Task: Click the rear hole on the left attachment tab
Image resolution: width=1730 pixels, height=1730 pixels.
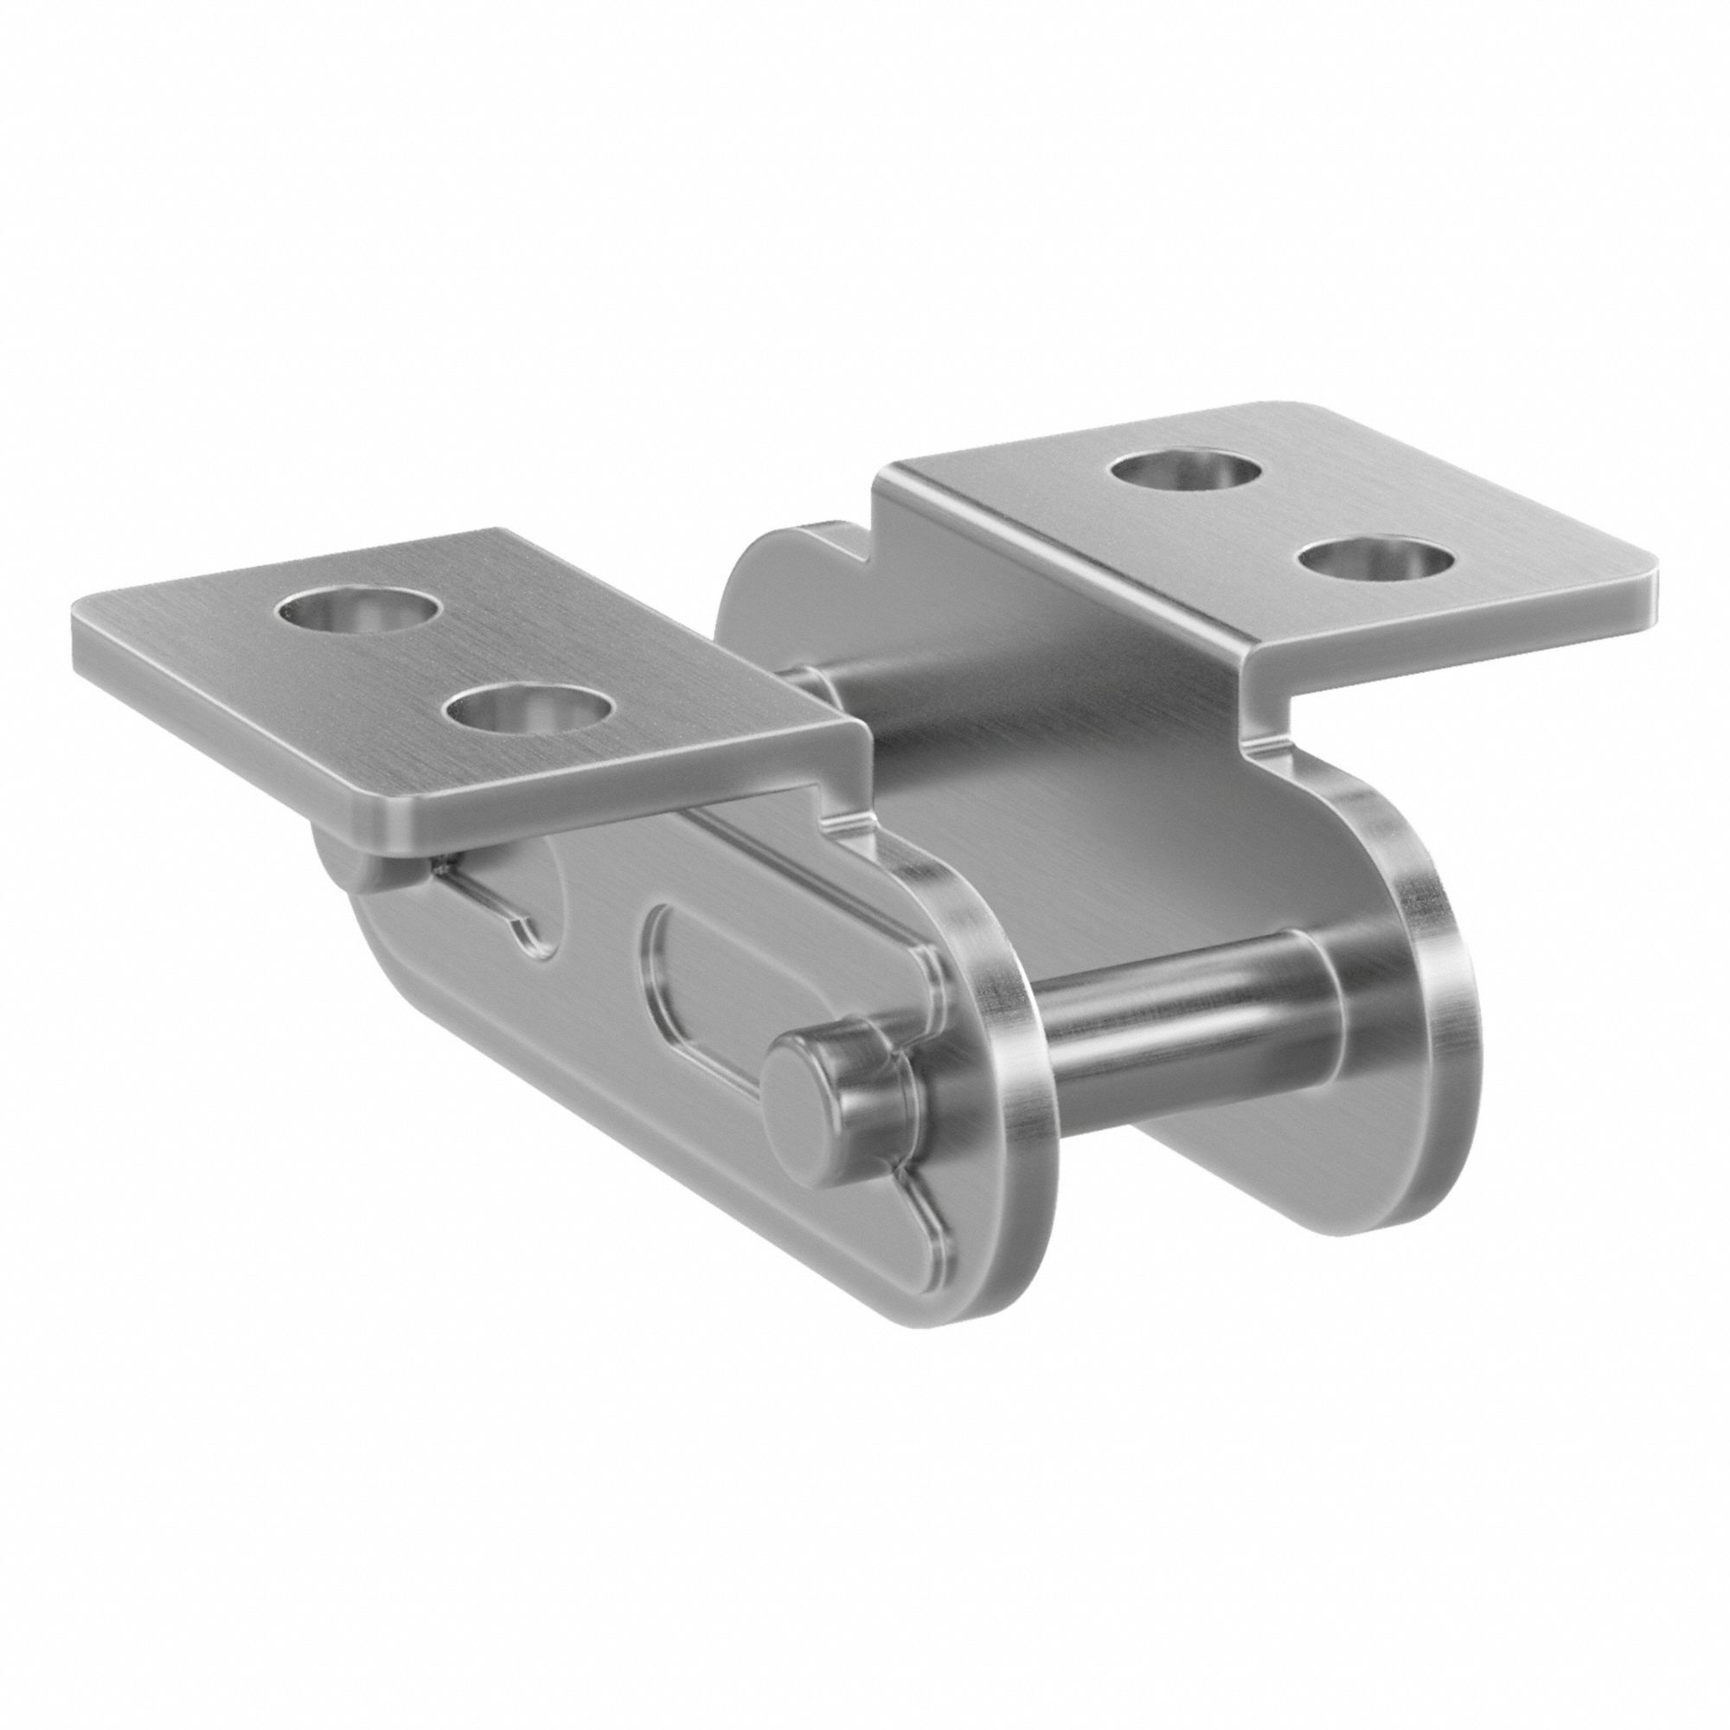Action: [360, 612]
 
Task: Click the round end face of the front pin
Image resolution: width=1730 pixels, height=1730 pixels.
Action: [799, 1086]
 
